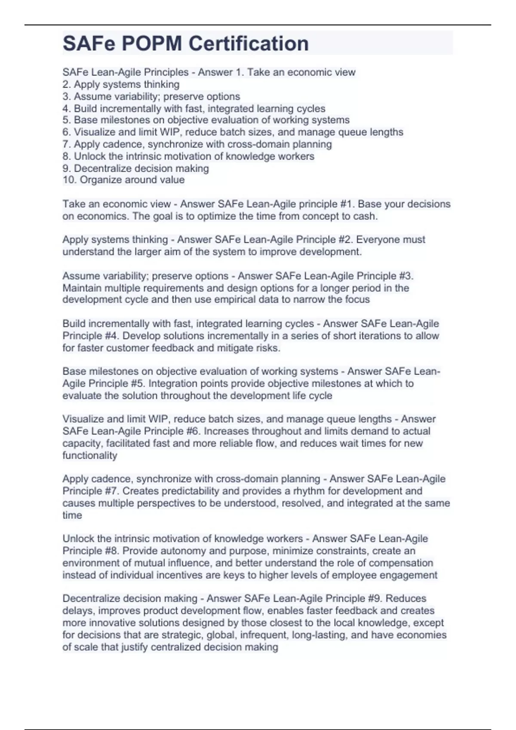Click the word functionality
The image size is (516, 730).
[x=89, y=455]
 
